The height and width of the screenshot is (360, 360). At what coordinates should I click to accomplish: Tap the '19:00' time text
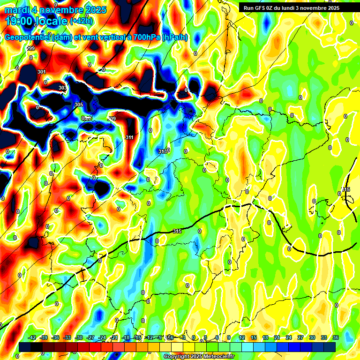click(20, 21)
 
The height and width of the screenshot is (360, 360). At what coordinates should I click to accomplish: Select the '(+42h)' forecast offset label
click(81, 21)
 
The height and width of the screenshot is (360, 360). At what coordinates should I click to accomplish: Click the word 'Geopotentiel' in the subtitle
click(27, 37)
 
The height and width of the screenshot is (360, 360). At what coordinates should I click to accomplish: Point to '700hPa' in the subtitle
click(145, 37)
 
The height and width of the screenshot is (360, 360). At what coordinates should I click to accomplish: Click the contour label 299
click(31, 49)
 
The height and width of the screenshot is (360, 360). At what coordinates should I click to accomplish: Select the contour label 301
click(42, 71)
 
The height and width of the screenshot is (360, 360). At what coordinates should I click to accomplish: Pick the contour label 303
click(62, 88)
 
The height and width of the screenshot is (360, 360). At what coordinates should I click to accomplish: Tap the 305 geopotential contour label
click(78, 105)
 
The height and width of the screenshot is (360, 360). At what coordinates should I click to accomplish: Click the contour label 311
click(129, 137)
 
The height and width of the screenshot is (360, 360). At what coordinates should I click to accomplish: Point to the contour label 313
click(162, 151)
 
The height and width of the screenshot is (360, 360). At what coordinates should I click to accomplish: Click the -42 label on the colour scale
click(32, 337)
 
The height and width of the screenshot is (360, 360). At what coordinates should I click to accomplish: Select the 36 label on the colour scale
click(335, 337)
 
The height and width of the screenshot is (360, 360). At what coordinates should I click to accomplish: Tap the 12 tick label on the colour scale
click(242, 337)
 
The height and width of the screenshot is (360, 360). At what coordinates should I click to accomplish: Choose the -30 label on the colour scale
click(79, 337)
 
